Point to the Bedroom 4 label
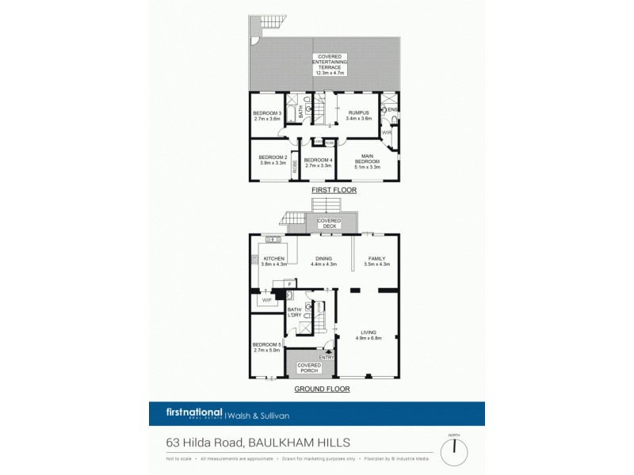(x=319, y=162)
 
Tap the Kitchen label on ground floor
(x=274, y=261)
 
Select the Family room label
(x=376, y=261)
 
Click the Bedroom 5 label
(x=267, y=348)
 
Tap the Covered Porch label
(x=308, y=367)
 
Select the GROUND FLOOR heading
(x=322, y=389)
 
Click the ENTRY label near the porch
(x=327, y=357)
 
